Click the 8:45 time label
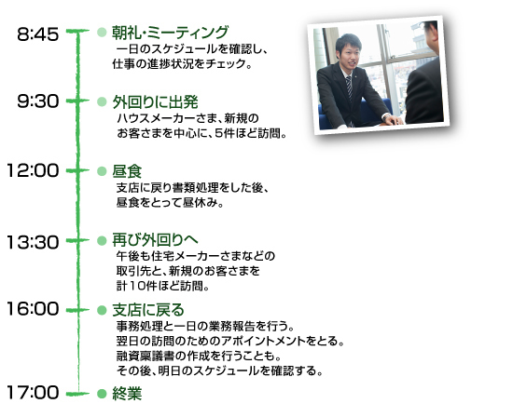pos(38,34)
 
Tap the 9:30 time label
pos(38,101)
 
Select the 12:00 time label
pos(33,170)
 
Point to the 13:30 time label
pos(33,243)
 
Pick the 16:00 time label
pos(33,309)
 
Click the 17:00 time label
pos(33,392)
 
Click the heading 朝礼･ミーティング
pos(170,33)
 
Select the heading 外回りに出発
pos(156,102)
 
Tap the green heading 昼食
pos(127,171)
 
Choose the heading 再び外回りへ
pos(155,240)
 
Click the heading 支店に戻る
pos(148,310)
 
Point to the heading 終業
pos(127,393)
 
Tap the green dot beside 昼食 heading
pos(102,171)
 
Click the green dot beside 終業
pos(102,394)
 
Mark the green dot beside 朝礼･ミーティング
pos(102,32)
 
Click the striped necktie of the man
pos(349,87)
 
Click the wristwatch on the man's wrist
pos(387,116)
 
